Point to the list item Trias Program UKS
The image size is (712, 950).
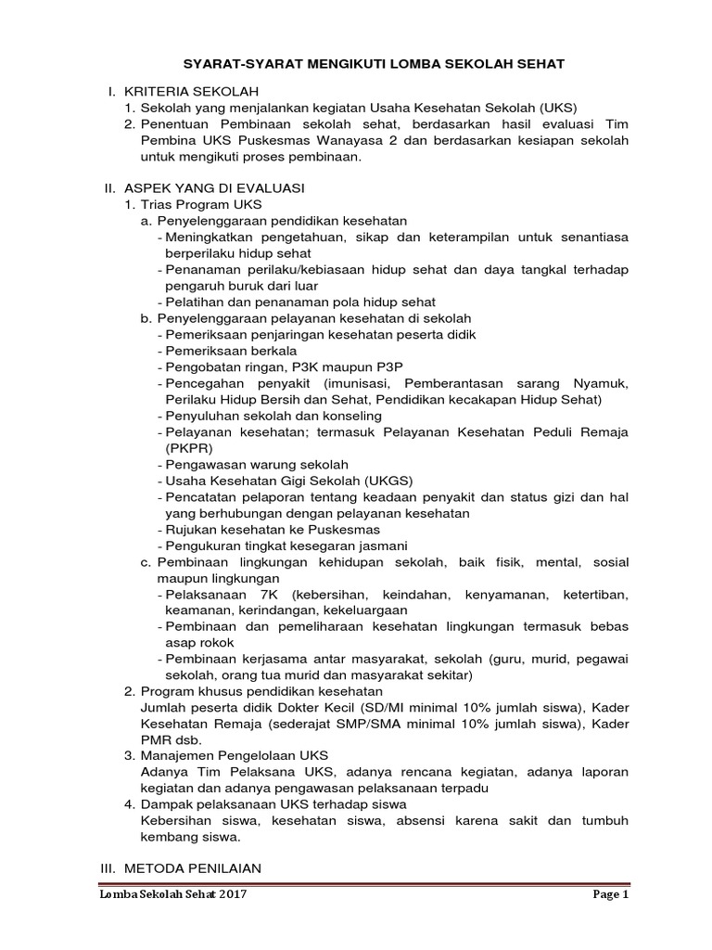tap(201, 203)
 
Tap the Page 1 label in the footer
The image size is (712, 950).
tap(611, 895)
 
